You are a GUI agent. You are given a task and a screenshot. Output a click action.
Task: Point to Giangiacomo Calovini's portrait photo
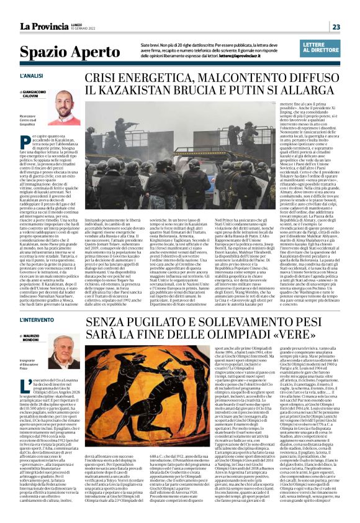(66, 101)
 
